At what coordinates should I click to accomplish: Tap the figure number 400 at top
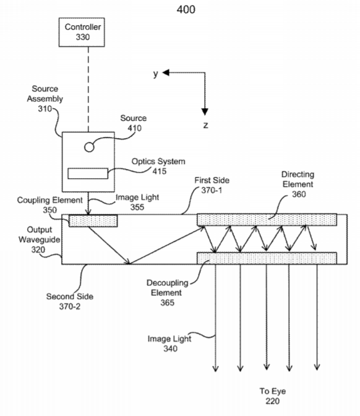[186, 9]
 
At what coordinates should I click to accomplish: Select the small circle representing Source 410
[89, 147]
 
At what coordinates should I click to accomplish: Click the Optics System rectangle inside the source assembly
[88, 173]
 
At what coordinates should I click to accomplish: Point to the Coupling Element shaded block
[93, 221]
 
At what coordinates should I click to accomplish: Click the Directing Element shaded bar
[267, 220]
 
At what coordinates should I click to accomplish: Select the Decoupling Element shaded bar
[267, 258]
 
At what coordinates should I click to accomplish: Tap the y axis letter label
[156, 74]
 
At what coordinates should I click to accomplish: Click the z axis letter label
[205, 125]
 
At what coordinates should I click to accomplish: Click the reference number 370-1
[212, 190]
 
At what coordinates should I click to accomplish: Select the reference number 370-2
[69, 306]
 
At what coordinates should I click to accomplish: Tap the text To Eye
[273, 391]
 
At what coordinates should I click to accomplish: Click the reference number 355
[137, 207]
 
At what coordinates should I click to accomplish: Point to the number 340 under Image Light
[170, 349]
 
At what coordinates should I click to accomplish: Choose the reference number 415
[160, 171]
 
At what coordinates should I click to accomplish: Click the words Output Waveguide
[39, 235]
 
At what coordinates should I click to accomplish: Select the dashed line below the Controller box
[88, 89]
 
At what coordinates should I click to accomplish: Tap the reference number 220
[273, 401]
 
